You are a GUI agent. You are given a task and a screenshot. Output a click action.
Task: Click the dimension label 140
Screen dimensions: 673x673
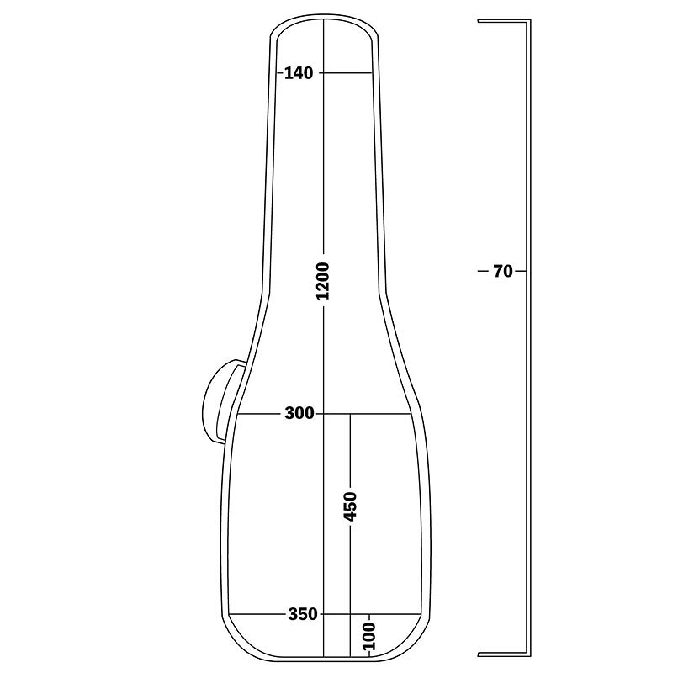(299, 73)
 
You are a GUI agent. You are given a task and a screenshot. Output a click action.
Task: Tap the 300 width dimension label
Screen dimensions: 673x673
(299, 414)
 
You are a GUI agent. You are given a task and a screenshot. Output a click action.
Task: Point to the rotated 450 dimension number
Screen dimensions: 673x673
(350, 507)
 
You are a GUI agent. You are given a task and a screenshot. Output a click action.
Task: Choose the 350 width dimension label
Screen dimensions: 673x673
(303, 614)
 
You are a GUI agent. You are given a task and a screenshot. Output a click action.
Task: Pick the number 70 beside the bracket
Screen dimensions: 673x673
(502, 271)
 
